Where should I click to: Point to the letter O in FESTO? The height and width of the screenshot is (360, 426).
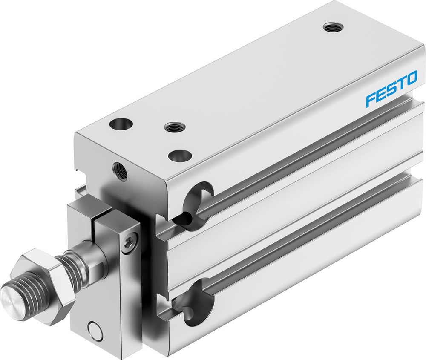[411, 80]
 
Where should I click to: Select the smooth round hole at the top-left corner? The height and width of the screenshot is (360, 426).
[121, 124]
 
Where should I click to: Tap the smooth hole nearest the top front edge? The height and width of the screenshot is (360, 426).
[179, 156]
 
